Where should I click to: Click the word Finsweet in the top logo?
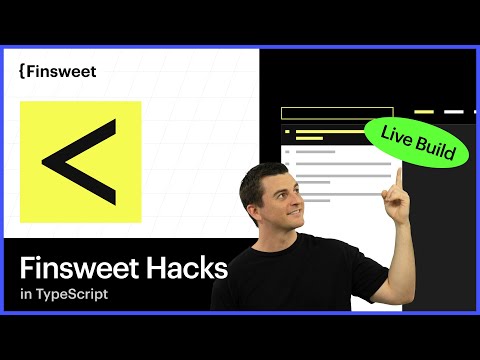(x=58, y=71)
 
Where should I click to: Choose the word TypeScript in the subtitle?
(x=73, y=296)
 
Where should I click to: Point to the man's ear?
(x=254, y=206)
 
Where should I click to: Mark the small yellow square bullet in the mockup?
(x=288, y=132)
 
